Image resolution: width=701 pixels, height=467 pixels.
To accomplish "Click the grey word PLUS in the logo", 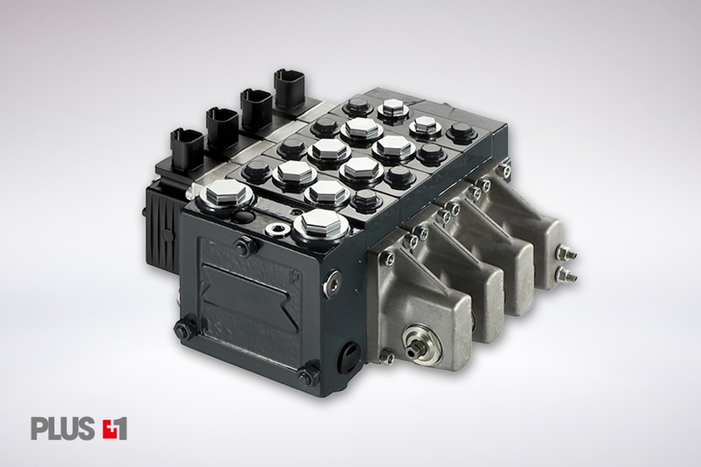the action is [62, 428].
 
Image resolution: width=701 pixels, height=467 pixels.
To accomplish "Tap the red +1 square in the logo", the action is [115, 428].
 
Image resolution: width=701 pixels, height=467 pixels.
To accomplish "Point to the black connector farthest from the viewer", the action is [289, 88].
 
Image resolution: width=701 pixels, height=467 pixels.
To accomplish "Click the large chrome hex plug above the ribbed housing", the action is [224, 195].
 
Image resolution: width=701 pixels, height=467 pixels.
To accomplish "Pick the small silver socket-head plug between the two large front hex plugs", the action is [273, 230].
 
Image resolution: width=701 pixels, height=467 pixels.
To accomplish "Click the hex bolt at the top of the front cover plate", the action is [242, 245].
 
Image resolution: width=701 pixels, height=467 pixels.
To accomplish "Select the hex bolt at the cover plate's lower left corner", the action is [182, 328].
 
